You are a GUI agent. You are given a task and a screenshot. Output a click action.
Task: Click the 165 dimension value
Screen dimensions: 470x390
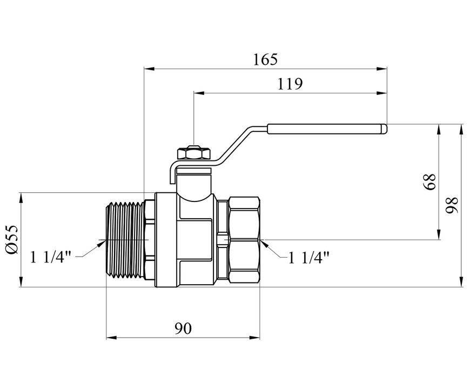[x=266, y=59]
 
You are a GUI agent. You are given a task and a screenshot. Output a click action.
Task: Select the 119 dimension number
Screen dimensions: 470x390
[x=290, y=84]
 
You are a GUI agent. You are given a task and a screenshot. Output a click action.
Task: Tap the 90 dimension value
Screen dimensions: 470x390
[x=183, y=328]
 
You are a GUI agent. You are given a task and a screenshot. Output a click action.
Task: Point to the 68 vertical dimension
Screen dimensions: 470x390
[x=429, y=181]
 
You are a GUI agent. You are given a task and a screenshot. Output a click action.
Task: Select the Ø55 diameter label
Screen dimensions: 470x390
[x=12, y=239]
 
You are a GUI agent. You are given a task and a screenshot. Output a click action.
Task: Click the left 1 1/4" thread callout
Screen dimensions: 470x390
[x=51, y=257]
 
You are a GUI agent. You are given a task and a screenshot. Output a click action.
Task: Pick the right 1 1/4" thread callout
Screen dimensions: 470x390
[x=308, y=257]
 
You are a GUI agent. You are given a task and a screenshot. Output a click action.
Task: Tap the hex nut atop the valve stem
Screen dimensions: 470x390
[x=194, y=152]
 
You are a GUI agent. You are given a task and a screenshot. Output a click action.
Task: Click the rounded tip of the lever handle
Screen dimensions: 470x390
[x=385, y=129]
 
